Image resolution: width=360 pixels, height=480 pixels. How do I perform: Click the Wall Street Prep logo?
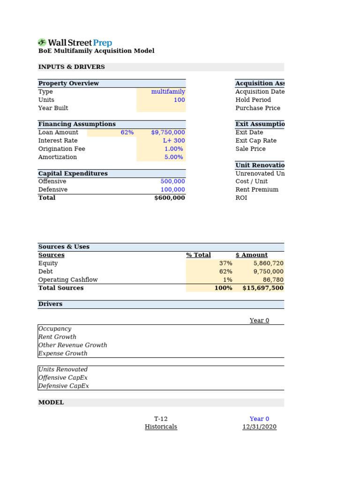coord(75,43)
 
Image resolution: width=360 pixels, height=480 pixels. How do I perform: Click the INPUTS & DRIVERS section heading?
coord(71,67)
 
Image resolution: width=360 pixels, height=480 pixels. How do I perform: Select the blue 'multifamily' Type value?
coord(168,92)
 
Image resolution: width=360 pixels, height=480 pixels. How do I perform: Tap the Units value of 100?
coord(179,100)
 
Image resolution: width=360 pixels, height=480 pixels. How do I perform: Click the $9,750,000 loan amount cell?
coord(168,133)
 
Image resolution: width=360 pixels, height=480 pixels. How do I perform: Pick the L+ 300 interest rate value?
coord(173,141)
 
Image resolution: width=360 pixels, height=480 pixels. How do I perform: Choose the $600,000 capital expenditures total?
coord(169,198)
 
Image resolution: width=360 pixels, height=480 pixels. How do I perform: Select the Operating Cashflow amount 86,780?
coord(272,280)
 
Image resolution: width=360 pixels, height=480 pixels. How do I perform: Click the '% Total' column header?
coord(198,255)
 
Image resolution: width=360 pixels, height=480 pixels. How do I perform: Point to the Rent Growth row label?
coord(57,337)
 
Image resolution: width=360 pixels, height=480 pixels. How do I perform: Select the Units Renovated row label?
coord(63,369)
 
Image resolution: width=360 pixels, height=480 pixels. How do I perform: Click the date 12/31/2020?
coord(259,427)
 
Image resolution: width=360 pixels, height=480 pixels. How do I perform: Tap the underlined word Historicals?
coord(161,427)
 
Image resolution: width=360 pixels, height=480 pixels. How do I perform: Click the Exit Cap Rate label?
coord(256,141)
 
